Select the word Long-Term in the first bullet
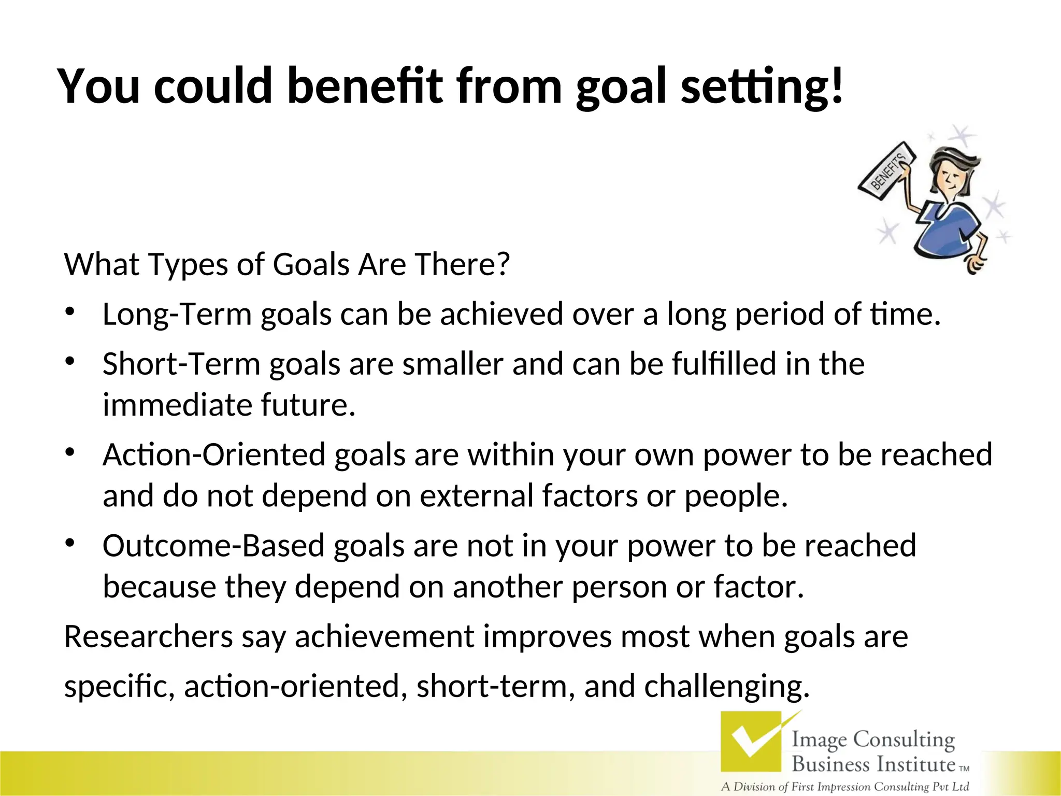coord(177,314)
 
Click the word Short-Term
coord(181,364)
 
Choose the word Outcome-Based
coord(213,546)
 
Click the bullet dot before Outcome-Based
coord(70,543)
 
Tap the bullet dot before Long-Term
coord(70,311)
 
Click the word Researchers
coord(148,637)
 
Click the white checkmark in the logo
coord(751,742)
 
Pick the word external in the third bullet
coord(476,496)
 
